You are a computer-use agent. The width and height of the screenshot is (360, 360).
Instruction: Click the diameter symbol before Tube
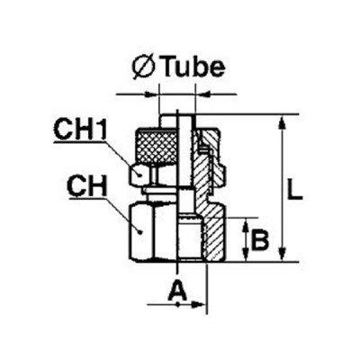(x=143, y=67)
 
